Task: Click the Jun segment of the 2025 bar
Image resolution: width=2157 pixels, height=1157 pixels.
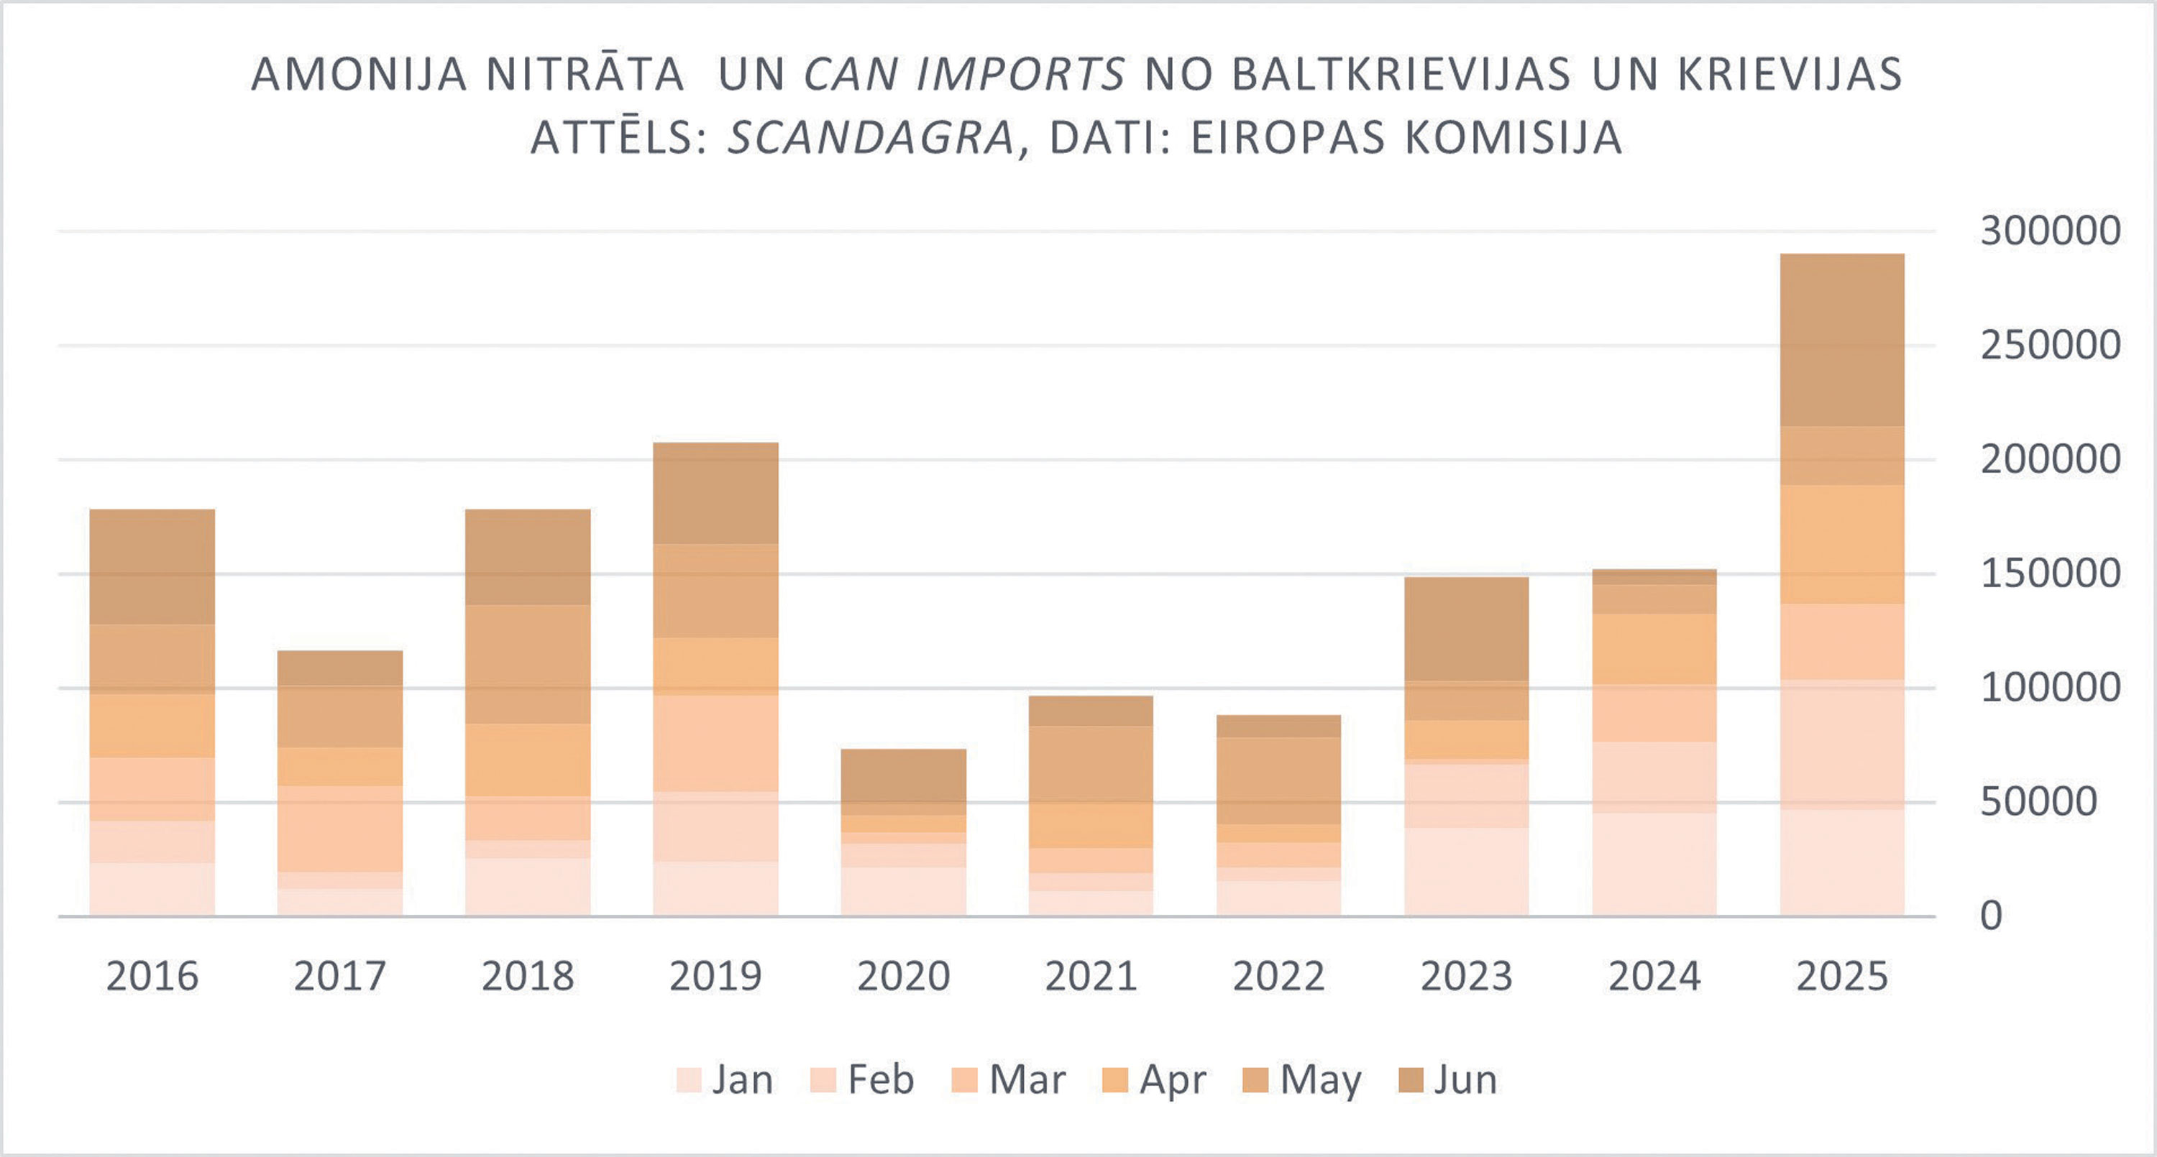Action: pyautogui.click(x=1841, y=340)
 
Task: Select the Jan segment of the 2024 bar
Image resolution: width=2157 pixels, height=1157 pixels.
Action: pyautogui.click(x=1654, y=864)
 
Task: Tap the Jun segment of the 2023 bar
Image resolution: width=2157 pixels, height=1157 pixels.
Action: pyautogui.click(x=1466, y=629)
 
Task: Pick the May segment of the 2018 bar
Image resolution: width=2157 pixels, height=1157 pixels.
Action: pyautogui.click(x=528, y=664)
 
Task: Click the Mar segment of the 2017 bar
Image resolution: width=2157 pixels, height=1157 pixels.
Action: pyautogui.click(x=339, y=828)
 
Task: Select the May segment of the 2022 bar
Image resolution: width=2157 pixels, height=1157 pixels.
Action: pyautogui.click(x=1278, y=780)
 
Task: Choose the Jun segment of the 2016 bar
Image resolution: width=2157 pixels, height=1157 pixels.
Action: pyautogui.click(x=152, y=567)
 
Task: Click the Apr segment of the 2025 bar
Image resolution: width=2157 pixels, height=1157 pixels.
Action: pyautogui.click(x=1841, y=544)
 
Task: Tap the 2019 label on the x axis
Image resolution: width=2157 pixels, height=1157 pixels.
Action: pyautogui.click(x=715, y=976)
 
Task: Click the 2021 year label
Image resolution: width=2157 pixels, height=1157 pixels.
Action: pyautogui.click(x=1090, y=976)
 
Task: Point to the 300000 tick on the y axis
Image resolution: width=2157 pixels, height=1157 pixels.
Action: pyautogui.click(x=2050, y=231)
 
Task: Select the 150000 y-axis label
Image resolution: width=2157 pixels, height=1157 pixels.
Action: pyautogui.click(x=2050, y=574)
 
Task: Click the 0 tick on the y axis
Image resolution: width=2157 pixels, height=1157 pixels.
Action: pyautogui.click(x=1991, y=916)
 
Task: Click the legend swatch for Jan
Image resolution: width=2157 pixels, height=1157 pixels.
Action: pyautogui.click(x=688, y=1080)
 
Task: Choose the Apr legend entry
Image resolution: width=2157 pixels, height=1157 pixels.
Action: pyautogui.click(x=1155, y=1080)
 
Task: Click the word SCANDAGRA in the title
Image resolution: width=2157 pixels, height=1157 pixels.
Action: pyautogui.click(x=871, y=138)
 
